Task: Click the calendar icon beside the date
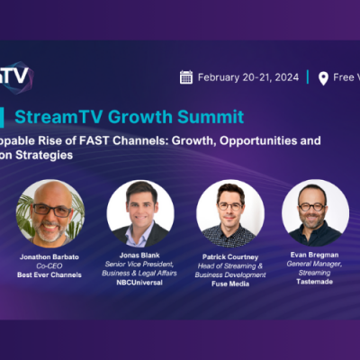click(186, 77)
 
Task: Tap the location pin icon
click(323, 77)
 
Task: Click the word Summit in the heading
click(215, 116)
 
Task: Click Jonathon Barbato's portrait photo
click(50, 214)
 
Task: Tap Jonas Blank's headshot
click(139, 214)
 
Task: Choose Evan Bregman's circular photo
click(315, 214)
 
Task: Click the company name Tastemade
click(315, 284)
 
